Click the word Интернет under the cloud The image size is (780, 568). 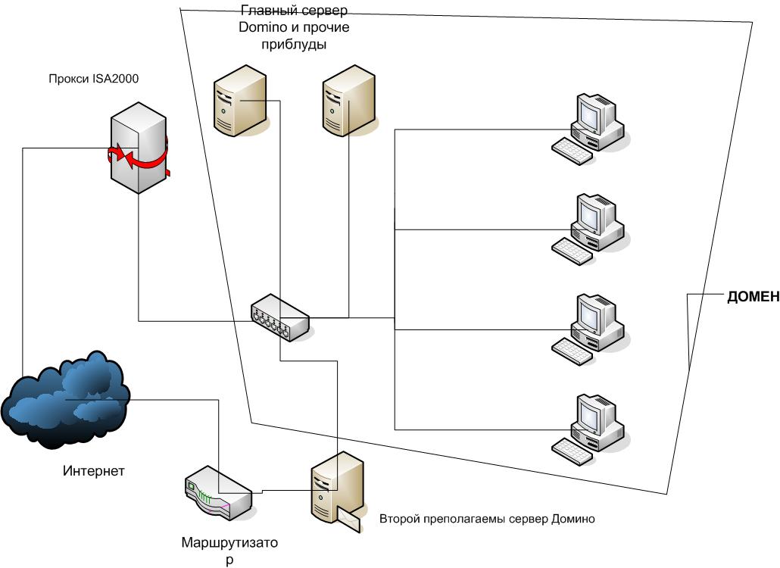pos(93,471)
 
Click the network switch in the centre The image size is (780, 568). pos(281,317)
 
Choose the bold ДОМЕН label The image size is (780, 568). pos(753,297)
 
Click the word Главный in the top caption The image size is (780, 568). pos(265,11)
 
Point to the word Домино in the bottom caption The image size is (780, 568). pos(573,519)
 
